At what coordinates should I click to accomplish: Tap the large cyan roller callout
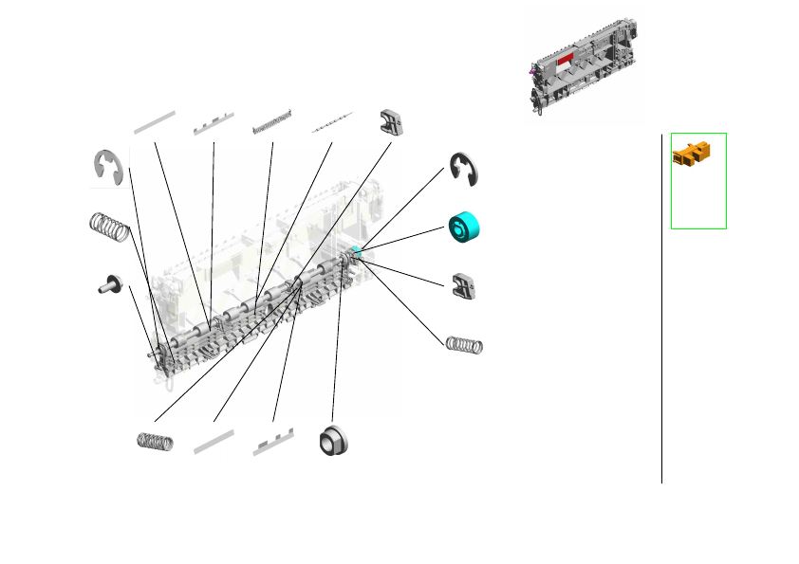pyautogui.click(x=464, y=227)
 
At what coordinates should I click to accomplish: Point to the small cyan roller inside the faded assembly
pyautogui.click(x=356, y=250)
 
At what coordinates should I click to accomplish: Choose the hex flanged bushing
pyautogui.click(x=333, y=441)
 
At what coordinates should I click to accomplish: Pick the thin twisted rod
pyautogui.click(x=332, y=120)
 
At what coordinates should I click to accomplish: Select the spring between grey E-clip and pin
pyautogui.click(x=108, y=227)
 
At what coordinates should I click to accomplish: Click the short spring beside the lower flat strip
pyautogui.click(x=155, y=441)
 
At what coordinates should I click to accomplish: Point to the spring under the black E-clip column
pyautogui.click(x=465, y=343)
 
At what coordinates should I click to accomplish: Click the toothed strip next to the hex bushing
pyautogui.click(x=273, y=444)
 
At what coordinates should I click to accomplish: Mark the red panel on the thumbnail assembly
pyautogui.click(x=566, y=60)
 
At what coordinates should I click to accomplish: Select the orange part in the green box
pyautogui.click(x=693, y=152)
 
